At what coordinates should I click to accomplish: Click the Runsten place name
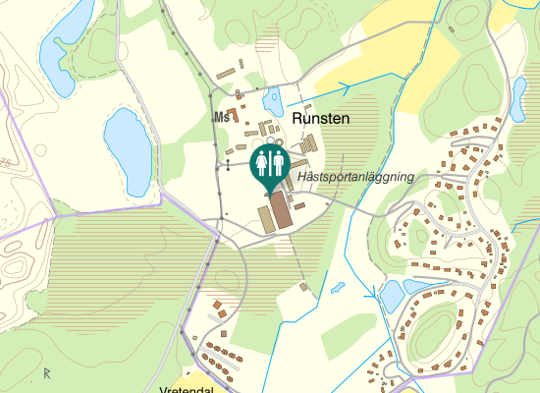tap(321, 118)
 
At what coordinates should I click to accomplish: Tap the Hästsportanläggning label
tap(355, 177)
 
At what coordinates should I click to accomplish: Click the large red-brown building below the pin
tap(280, 211)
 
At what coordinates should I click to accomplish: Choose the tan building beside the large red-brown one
tap(265, 218)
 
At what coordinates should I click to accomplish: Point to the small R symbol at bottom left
tap(46, 372)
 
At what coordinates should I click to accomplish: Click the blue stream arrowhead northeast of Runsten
tap(346, 88)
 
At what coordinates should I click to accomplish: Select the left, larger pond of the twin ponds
tap(391, 293)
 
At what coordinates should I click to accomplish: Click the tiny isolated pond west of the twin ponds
tap(338, 289)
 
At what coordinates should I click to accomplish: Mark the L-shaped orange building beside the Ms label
tap(234, 114)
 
